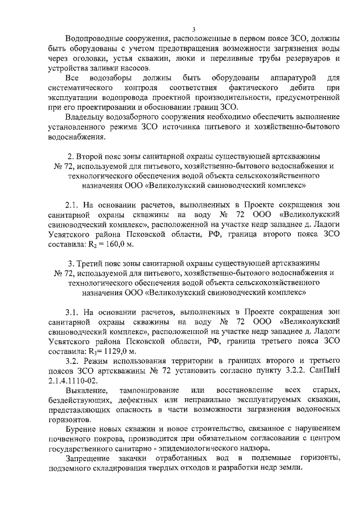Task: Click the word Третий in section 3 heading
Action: pyautogui.click(x=87, y=263)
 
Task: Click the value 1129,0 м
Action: pyautogui.click(x=120, y=350)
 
